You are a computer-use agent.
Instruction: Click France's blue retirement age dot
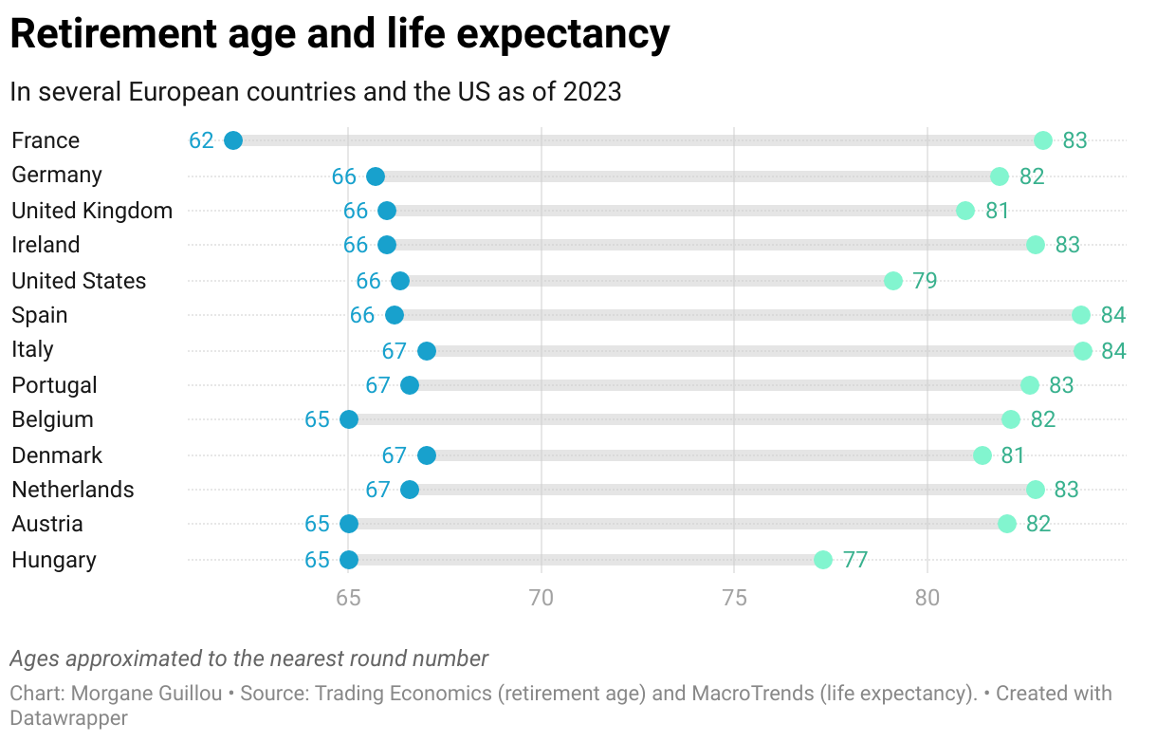[x=233, y=140]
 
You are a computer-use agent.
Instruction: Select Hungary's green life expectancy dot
[x=823, y=560]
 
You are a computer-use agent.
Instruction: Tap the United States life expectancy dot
[x=893, y=281]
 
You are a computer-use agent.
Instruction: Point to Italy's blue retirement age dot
[x=427, y=351]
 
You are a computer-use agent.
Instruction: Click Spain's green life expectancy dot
[x=1081, y=315]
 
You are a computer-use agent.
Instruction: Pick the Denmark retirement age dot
[x=427, y=455]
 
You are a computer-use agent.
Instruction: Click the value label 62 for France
[x=201, y=140]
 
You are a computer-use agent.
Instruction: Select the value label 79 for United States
[x=925, y=281]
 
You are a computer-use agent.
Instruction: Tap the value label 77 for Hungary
[x=855, y=560]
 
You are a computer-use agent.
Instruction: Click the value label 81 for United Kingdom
[x=997, y=211]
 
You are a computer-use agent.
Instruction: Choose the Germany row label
[x=57, y=175]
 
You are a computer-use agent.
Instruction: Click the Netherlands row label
[x=73, y=490]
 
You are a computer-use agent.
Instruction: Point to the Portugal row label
[x=55, y=385]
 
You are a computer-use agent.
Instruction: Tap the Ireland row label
[x=46, y=245]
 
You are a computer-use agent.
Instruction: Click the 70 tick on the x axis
[x=542, y=599]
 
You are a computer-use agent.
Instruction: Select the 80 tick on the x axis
[x=927, y=599]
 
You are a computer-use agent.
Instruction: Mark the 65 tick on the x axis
[x=349, y=599]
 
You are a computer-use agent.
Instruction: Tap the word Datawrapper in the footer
[x=68, y=718]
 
